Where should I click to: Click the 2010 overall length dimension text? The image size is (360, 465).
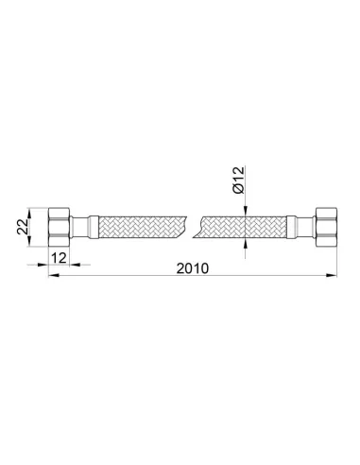(x=193, y=268)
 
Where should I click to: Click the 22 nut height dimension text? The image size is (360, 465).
(x=23, y=227)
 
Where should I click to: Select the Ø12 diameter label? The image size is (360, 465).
(x=238, y=180)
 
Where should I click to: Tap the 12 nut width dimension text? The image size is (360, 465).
(x=59, y=258)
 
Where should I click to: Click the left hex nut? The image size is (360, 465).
(x=59, y=227)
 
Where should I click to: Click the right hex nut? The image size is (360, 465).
(x=326, y=227)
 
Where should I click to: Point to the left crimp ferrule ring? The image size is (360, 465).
(x=94, y=227)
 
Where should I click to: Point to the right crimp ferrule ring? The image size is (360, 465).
(x=291, y=227)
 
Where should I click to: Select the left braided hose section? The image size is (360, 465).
(x=143, y=227)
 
